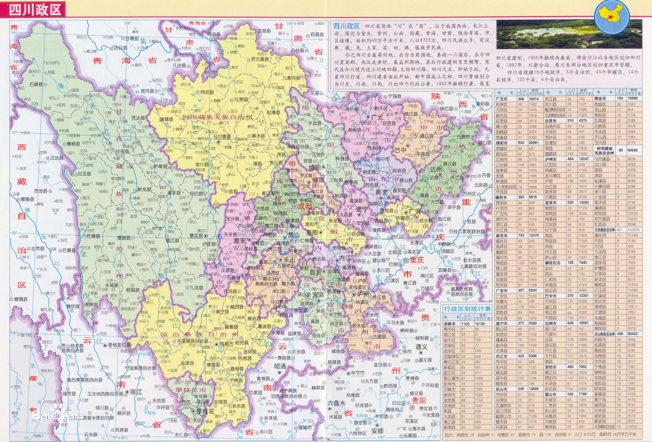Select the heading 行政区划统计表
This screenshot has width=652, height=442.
467,309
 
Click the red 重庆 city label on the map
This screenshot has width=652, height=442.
417,260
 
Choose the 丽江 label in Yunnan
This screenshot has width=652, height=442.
136,392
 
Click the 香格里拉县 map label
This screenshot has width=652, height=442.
120,345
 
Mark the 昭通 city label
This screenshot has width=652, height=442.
280,366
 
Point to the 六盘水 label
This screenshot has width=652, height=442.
337,403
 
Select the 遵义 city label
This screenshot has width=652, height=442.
421,347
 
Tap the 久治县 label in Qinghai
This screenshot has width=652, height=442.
179,66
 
